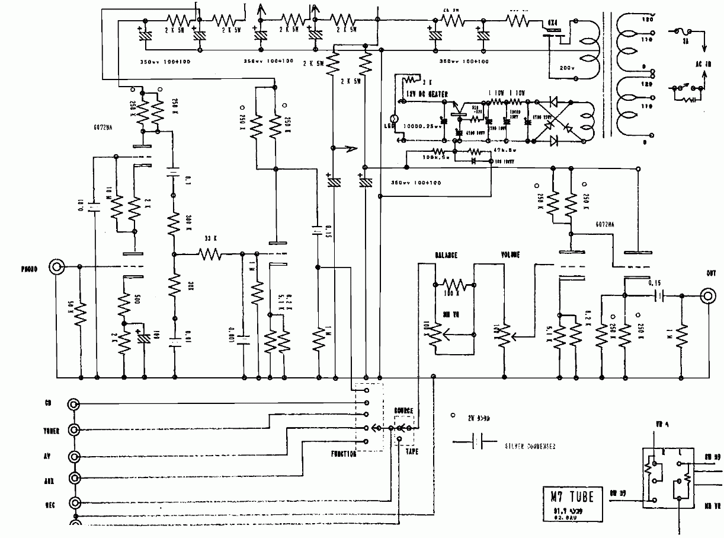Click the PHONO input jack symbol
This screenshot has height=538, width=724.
tap(57, 268)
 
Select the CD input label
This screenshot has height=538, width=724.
tap(49, 404)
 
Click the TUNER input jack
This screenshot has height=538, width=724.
tap(74, 429)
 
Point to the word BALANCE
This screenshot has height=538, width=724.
tap(446, 255)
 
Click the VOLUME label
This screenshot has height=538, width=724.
tap(510, 255)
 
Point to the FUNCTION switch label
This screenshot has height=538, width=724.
tap(340, 454)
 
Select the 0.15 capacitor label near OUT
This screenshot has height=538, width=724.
tap(655, 284)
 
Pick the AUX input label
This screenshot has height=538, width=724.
tap(49, 479)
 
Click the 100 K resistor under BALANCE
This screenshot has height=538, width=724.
tap(453, 284)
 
